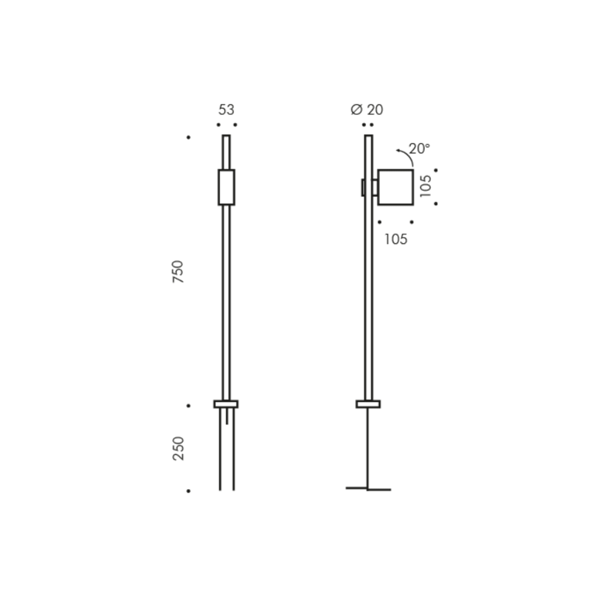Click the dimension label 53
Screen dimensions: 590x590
(x=226, y=110)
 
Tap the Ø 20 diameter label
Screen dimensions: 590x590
(x=367, y=110)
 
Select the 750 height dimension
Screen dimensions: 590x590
(x=178, y=272)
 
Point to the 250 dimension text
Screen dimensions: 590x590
(x=178, y=448)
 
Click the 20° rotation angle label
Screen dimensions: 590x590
(x=419, y=149)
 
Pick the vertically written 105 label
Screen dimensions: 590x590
(x=426, y=186)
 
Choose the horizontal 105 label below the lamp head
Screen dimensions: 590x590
(x=396, y=239)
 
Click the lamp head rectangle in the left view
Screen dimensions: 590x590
(x=226, y=187)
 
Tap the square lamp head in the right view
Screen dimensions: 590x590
(x=395, y=187)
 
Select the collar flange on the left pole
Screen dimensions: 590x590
(x=226, y=404)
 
